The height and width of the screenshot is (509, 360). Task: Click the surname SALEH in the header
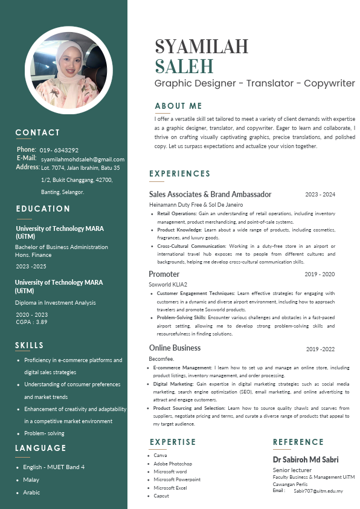[x=184, y=66]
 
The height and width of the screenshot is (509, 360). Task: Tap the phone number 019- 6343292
[x=59, y=150]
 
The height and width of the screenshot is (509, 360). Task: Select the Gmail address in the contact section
[x=83, y=159]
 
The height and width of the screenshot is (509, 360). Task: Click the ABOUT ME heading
[x=178, y=106]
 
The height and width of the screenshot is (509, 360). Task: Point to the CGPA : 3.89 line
[x=32, y=322]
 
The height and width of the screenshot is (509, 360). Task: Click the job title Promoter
[x=164, y=274]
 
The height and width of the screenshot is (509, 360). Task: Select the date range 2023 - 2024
[x=320, y=195]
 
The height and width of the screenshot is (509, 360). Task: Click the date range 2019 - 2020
[x=320, y=274]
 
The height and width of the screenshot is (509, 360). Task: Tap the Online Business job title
[x=175, y=348]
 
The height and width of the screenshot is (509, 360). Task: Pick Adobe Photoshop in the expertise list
[x=173, y=464]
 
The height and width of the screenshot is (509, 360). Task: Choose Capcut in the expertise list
[x=161, y=496]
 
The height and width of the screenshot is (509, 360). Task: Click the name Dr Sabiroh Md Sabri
[x=306, y=460]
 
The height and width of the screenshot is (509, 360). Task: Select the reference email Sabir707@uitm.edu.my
[x=318, y=491]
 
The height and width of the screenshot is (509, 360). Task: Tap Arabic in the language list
[x=31, y=493]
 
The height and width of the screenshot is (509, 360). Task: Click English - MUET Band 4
[x=54, y=467]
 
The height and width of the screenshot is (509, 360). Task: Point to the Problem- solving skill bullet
[x=44, y=433]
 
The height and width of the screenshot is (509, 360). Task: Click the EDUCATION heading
[x=43, y=209]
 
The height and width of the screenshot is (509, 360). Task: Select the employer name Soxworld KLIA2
[x=169, y=284]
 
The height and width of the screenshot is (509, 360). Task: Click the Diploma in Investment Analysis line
[x=55, y=303]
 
